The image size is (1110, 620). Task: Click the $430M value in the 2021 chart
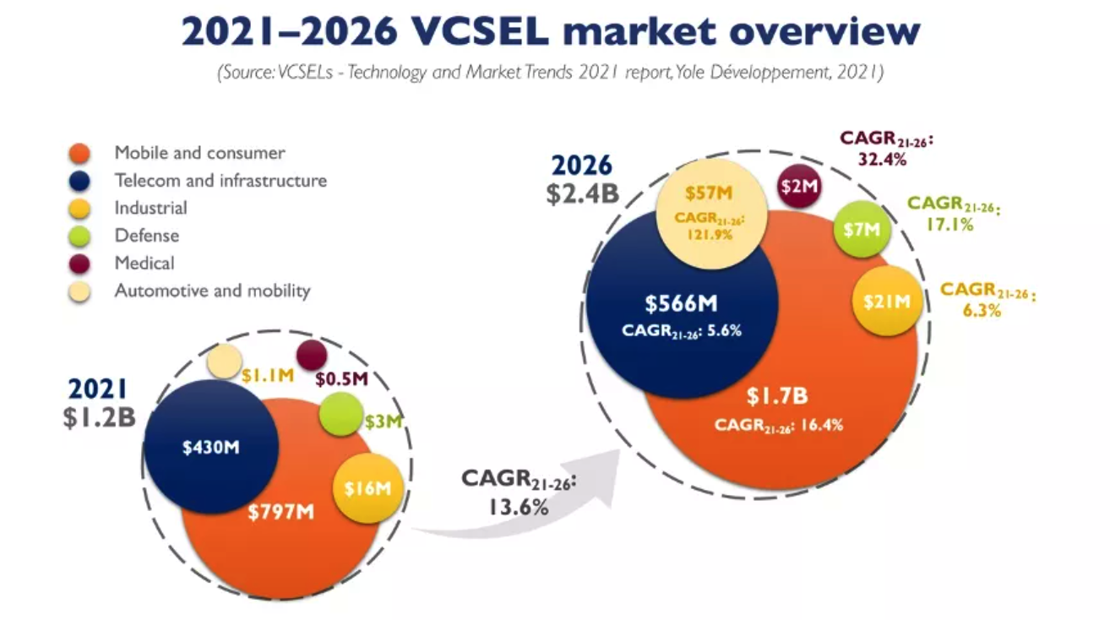coord(211,447)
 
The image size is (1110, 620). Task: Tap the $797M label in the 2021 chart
coord(281,512)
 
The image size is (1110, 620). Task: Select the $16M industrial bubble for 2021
coord(367,489)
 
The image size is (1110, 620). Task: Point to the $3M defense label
coord(383,421)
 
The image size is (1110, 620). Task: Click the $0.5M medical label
coord(342,379)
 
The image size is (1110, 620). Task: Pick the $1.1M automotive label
coord(268,376)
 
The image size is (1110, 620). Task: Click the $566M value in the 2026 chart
coord(682,303)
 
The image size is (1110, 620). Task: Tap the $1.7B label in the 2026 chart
coord(777,395)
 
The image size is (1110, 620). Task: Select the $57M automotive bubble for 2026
coord(711,214)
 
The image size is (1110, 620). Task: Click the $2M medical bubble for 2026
coord(799,187)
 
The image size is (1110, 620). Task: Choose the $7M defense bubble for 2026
coord(862,230)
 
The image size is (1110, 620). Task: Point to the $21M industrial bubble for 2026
coord(887,302)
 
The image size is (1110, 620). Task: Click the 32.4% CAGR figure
coord(882,160)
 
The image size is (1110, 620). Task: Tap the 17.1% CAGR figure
coord(950,225)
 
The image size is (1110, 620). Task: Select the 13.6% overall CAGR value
coord(519,507)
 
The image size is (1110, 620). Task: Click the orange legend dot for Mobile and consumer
coord(79,153)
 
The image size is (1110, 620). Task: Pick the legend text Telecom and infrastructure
coord(220,181)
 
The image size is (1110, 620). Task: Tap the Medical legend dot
coord(79,264)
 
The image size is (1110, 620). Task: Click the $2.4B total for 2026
coord(583,193)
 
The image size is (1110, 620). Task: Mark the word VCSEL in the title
coord(480,31)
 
